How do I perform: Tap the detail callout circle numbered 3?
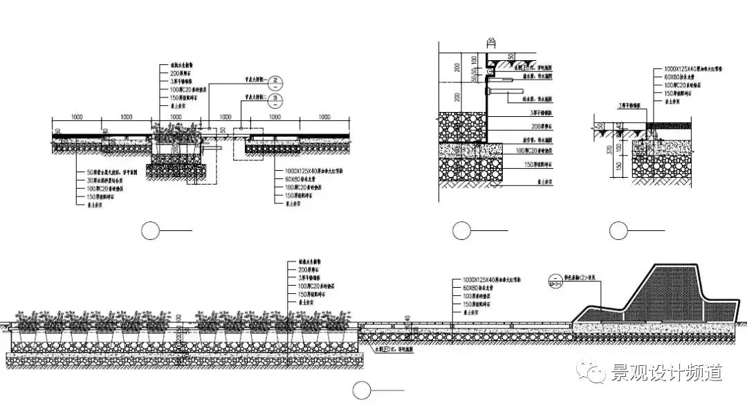click(x=276, y=100)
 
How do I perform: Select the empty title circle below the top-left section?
click(x=151, y=231)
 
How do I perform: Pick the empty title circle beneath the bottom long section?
click(x=362, y=389)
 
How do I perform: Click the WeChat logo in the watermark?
click(x=594, y=373)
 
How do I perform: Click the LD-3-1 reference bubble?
click(x=554, y=280)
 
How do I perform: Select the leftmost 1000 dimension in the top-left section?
click(x=76, y=118)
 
